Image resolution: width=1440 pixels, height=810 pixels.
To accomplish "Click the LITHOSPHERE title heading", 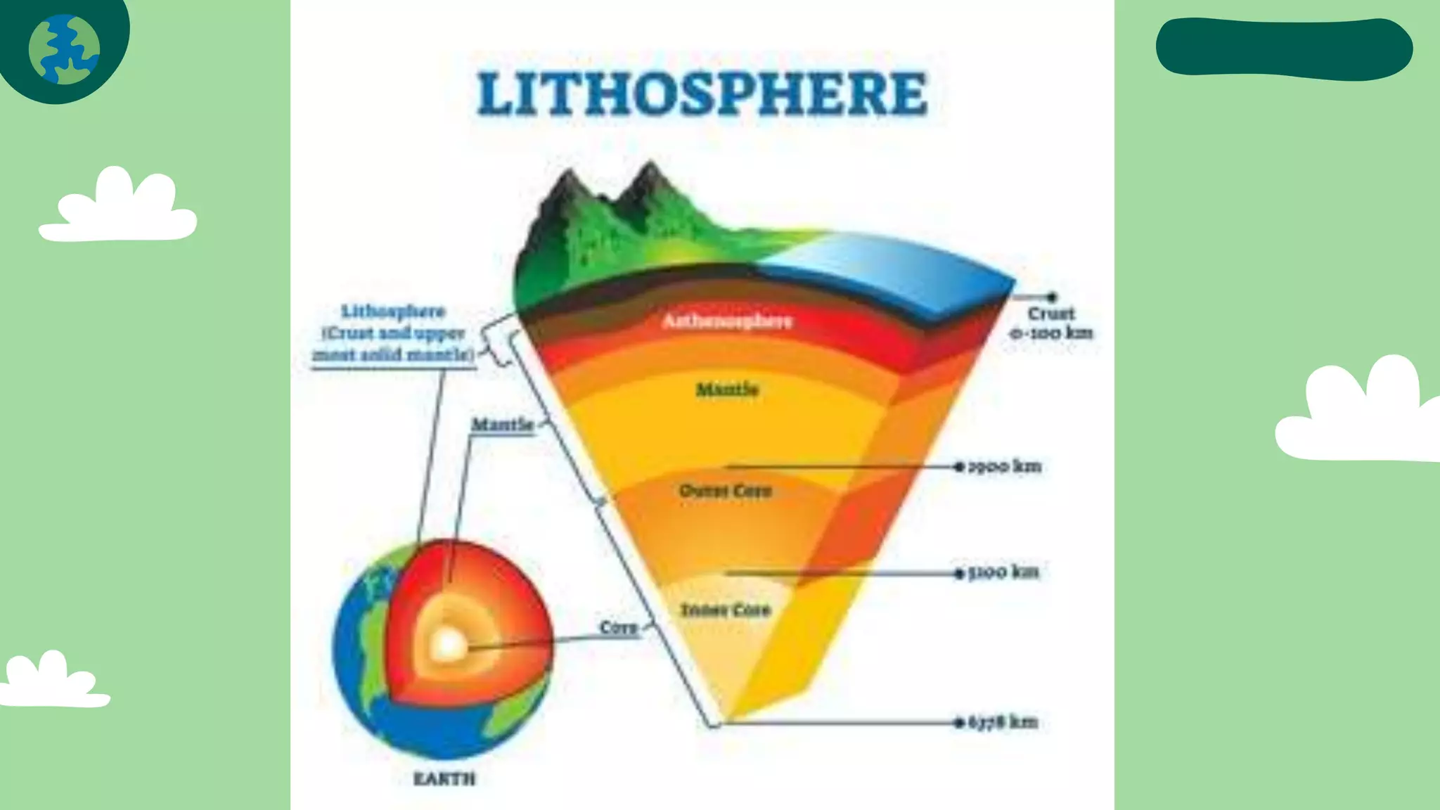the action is click(702, 94).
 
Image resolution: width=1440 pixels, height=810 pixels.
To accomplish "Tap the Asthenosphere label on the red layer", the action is click(727, 321).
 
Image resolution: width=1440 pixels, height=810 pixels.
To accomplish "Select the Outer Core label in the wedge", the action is click(725, 491).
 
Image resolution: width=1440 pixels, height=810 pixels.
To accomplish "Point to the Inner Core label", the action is click(726, 610).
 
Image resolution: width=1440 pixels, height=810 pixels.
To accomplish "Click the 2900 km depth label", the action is click(1005, 466).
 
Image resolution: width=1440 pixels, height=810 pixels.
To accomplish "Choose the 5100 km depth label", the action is click(1003, 572).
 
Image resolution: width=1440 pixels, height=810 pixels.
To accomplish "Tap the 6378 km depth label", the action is click(1003, 722).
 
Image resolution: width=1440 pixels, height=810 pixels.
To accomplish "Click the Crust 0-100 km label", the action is click(1051, 323).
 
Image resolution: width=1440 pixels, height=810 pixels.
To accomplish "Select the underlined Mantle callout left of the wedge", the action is click(502, 425).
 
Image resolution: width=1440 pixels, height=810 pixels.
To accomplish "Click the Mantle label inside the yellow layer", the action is click(727, 390).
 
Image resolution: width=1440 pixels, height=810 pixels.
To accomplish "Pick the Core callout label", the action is click(618, 627).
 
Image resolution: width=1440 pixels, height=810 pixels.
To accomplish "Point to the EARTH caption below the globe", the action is click(444, 779).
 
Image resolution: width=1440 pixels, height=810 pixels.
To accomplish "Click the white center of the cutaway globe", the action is click(448, 644).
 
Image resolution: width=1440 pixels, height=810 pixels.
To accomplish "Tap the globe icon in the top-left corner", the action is click(64, 50).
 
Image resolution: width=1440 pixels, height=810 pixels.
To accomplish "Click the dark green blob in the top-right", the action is click(1284, 47).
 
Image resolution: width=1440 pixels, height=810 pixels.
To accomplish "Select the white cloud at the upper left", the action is click(118, 207).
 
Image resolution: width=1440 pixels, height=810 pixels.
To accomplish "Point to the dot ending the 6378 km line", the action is click(958, 722).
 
